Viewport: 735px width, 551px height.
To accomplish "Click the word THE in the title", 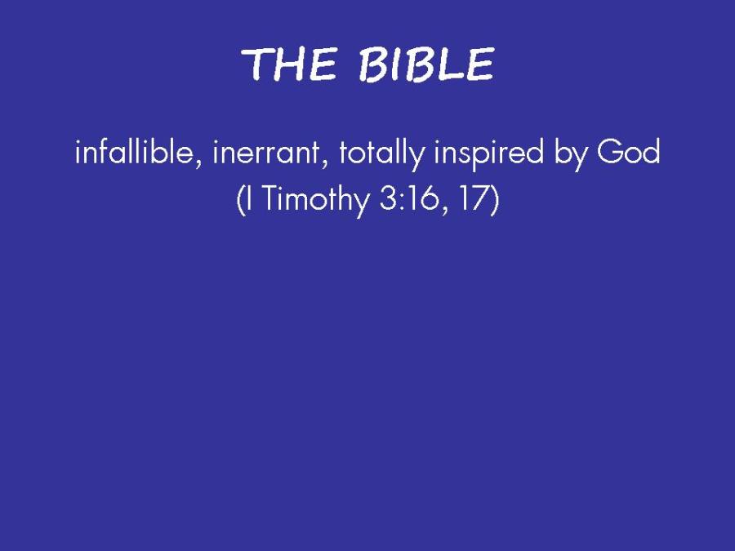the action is [289, 64].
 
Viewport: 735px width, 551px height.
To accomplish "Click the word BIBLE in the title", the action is [427, 64].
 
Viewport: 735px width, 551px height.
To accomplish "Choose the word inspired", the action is [488, 153].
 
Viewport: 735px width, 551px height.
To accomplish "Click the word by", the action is [570, 153].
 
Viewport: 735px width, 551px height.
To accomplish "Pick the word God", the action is [629, 151].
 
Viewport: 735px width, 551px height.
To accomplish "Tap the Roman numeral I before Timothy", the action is [249, 198].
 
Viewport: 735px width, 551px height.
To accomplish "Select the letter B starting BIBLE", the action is [371, 64].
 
